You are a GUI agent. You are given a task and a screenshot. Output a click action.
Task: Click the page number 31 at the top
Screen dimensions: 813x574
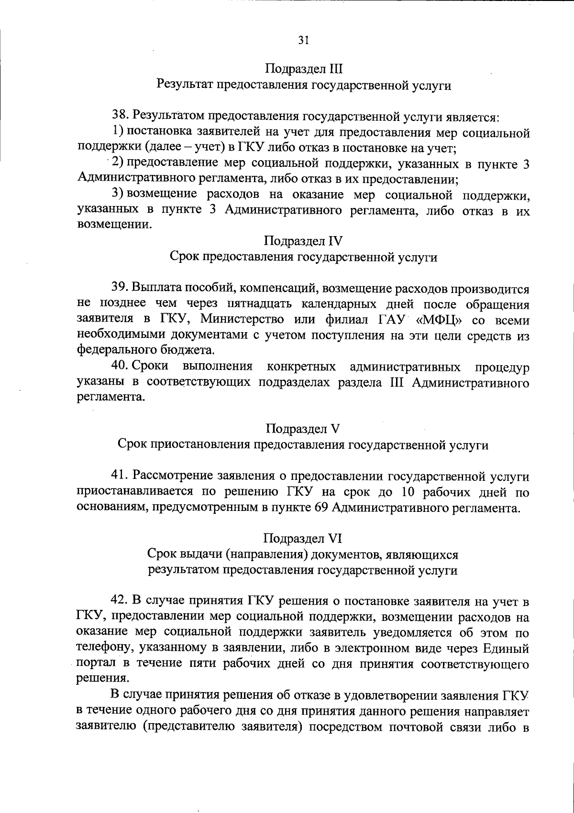click(x=304, y=41)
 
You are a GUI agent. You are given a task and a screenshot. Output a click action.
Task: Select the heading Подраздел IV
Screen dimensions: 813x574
click(x=304, y=240)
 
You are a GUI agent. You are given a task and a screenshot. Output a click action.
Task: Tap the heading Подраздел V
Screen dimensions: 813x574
click(x=303, y=428)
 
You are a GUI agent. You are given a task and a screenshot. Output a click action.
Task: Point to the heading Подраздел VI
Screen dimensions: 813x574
click(x=303, y=539)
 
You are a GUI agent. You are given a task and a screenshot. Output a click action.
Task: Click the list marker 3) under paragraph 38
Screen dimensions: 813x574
click(x=118, y=194)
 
